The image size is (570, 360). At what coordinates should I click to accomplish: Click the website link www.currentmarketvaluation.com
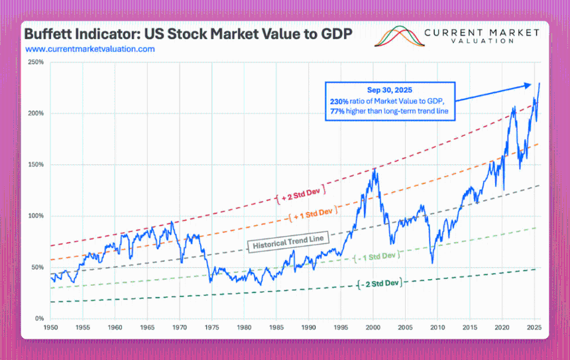89,49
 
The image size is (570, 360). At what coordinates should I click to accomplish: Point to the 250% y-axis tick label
35,62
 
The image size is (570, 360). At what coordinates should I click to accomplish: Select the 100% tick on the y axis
35,216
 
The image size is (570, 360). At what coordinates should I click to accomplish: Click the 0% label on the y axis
39,319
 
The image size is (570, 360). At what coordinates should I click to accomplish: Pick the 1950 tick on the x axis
50,328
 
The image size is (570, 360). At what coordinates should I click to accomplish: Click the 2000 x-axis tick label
374,328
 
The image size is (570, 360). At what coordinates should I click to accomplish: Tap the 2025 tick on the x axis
534,328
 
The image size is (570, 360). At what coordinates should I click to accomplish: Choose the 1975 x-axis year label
212,328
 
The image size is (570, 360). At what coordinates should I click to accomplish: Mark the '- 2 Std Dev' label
379,284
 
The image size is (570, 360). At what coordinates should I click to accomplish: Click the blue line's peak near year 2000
375,168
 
